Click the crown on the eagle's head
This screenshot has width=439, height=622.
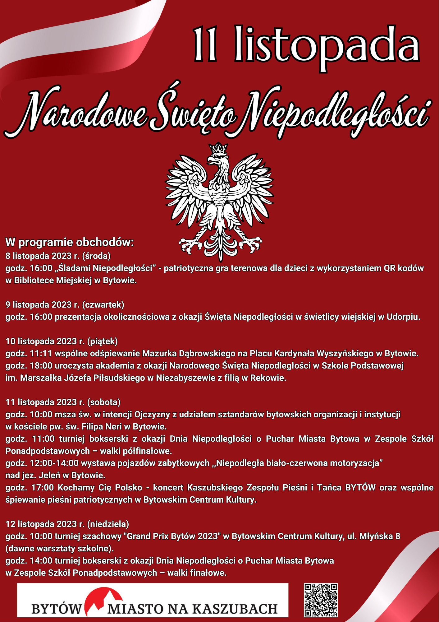[x=219, y=149]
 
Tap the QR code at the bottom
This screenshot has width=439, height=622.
[x=321, y=600]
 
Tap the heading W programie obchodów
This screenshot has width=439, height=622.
[x=70, y=242]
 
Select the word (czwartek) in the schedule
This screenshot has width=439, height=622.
[x=103, y=304]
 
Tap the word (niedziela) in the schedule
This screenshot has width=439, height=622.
[x=108, y=524]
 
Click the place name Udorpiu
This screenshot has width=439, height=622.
[x=403, y=317]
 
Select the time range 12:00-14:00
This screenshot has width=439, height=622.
[x=54, y=463]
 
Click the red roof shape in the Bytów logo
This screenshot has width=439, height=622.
[x=104, y=597]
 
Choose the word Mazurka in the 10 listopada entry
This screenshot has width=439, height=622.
[x=158, y=353]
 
